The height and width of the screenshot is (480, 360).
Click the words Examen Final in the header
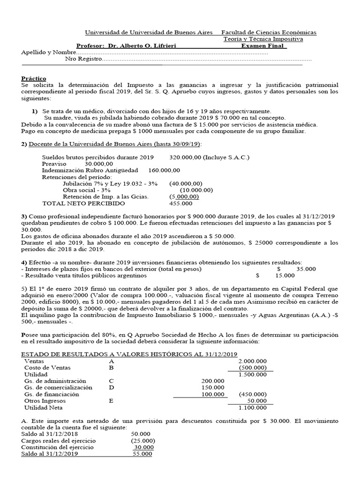(x=263, y=46)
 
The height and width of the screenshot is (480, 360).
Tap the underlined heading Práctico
(x=34, y=78)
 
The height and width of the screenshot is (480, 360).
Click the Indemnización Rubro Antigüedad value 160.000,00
(x=164, y=170)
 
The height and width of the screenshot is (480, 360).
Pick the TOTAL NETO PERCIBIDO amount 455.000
(x=180, y=203)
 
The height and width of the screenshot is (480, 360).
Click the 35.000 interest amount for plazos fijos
(x=306, y=269)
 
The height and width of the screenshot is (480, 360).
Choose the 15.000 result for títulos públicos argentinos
(x=285, y=276)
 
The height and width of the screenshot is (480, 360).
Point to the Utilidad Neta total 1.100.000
(x=253, y=408)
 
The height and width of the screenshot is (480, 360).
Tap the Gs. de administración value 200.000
(x=212, y=381)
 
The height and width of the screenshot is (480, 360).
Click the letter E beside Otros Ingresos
(x=111, y=401)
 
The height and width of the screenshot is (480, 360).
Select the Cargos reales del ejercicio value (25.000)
(x=143, y=441)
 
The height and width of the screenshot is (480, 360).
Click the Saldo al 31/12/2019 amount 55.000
(x=142, y=454)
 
